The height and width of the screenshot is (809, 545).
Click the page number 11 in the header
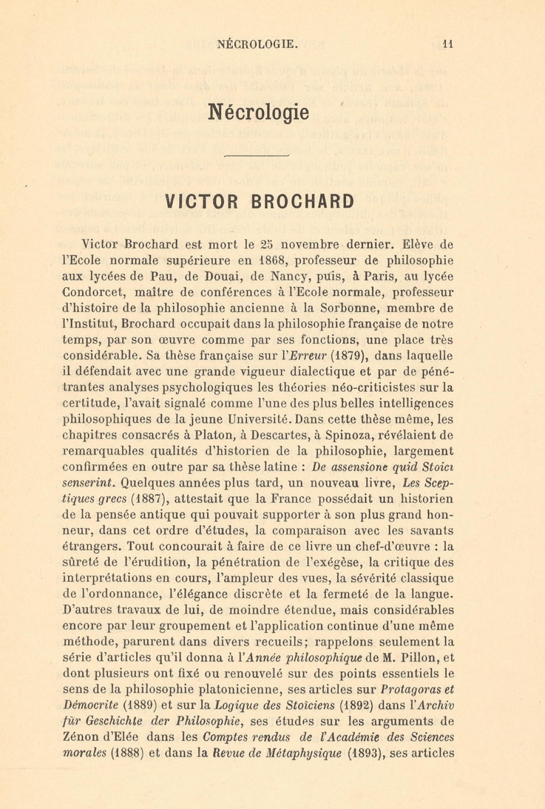[448, 45]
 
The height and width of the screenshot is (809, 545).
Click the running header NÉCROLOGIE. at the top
[257, 45]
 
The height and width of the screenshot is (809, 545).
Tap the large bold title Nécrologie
[258, 112]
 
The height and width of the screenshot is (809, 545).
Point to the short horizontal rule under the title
[256, 156]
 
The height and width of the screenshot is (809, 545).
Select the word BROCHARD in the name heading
[302, 202]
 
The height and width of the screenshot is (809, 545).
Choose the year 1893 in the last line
[362, 753]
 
